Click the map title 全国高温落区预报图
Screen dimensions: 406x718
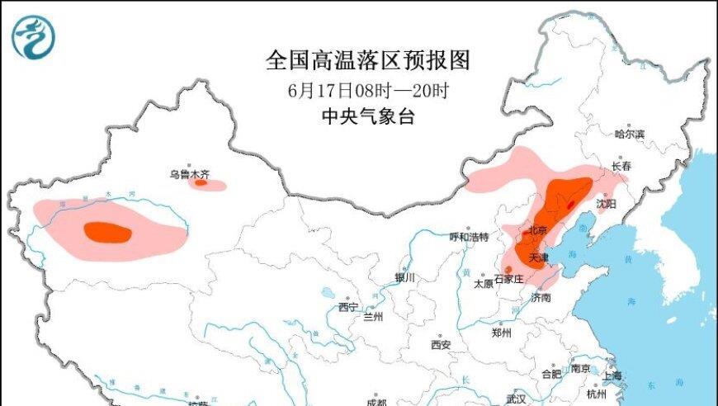[368, 59]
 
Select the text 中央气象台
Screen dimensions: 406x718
[368, 116]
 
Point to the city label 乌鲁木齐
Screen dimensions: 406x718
[190, 174]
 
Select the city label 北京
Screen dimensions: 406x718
[538, 230]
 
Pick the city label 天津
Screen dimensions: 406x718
[539, 258]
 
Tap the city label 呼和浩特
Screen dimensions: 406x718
[469, 237]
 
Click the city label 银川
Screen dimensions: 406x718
[405, 278]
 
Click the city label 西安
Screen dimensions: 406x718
[441, 344]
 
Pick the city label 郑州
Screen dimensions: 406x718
[502, 333]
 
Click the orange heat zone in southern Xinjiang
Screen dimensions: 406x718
[107, 233]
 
